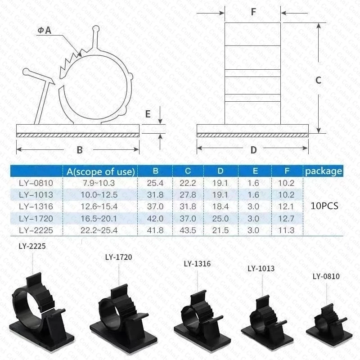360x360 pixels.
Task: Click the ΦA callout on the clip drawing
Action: coord(45,30)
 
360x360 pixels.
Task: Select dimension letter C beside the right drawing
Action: coord(318,80)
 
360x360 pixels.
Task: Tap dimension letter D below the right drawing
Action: coord(253,150)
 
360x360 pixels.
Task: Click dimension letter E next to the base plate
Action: coord(148,114)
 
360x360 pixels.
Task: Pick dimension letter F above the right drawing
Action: coord(253,12)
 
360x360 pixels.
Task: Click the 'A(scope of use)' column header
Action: coord(100,171)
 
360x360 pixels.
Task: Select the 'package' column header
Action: coord(323,171)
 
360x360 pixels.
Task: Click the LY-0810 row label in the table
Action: coord(36,183)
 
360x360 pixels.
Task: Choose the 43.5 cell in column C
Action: coord(188,230)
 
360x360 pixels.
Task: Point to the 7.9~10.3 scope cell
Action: coord(99,183)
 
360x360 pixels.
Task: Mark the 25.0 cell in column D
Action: coord(220,218)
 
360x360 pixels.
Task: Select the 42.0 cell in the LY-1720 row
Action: coord(155,218)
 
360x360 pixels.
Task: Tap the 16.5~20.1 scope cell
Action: coord(99,218)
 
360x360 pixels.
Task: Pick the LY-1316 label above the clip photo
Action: coord(197,264)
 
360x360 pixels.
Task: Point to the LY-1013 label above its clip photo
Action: coord(261,269)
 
